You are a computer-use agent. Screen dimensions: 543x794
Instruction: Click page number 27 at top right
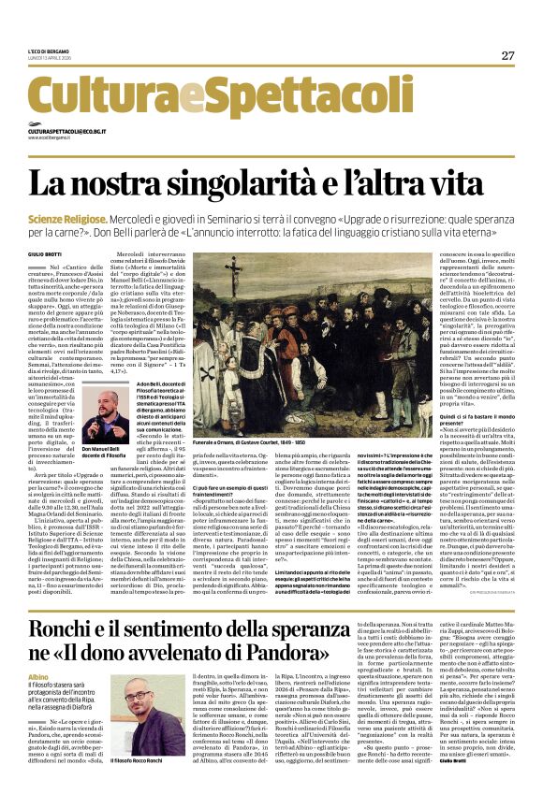tap(507, 56)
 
